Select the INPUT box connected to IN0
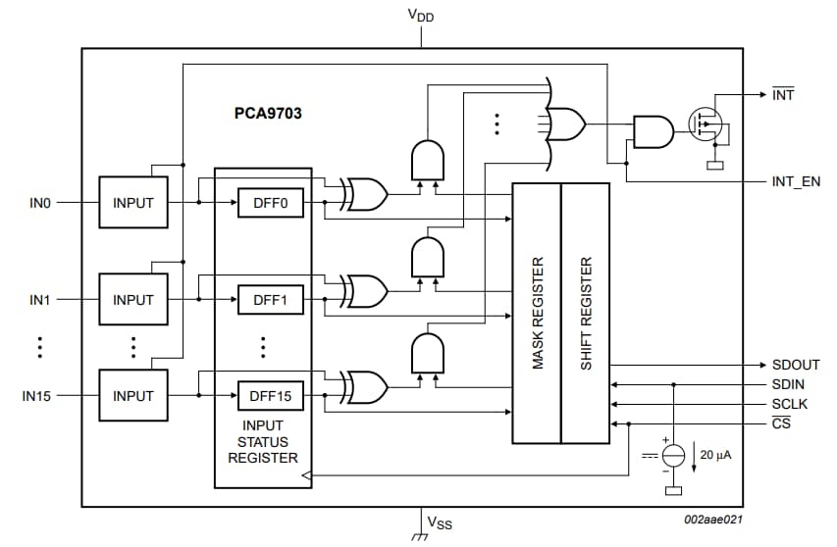point(133,203)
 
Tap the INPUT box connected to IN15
point(133,396)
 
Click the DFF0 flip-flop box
point(270,203)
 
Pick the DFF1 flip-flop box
point(270,300)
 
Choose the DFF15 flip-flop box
point(270,396)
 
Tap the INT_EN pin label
point(796,182)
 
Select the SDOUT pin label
point(795,365)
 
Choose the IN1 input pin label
point(39,300)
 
